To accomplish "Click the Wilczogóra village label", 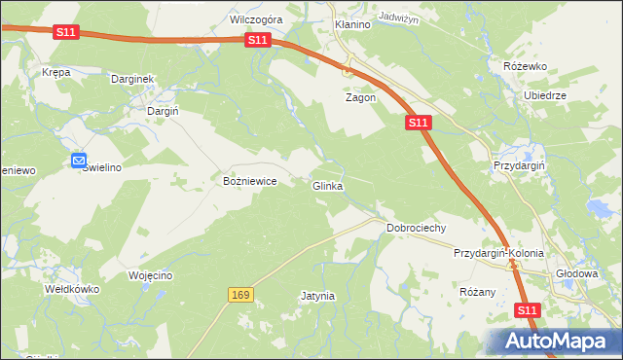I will (x=256, y=19).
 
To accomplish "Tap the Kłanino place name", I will (x=352, y=24).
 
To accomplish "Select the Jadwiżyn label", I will (x=398, y=18).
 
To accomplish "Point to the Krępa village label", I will (x=56, y=72).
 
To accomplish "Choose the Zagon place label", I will (x=360, y=98).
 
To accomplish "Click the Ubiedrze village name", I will (x=545, y=96).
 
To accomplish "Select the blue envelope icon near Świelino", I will (x=80, y=162).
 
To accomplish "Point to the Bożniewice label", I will (x=251, y=182).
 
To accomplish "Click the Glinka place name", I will (x=327, y=186).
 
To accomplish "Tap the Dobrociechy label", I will (x=416, y=228).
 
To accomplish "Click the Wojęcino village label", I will (x=150, y=275).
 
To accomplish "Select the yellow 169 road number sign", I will (x=242, y=294).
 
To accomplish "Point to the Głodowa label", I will (x=576, y=273).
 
